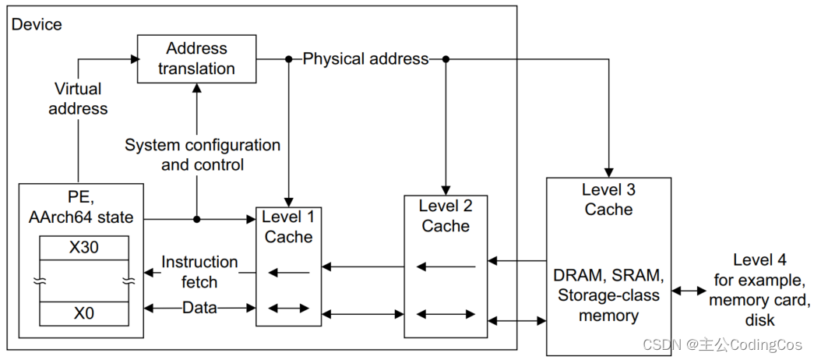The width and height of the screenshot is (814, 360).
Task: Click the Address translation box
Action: coord(196,58)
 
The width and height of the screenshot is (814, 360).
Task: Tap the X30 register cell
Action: coord(84,248)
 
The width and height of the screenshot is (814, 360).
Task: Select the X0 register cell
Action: coord(84,314)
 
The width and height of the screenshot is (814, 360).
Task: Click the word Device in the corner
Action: coord(37,24)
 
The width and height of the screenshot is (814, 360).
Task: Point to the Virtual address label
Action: coord(78,99)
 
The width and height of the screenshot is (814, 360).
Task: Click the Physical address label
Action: coord(366,59)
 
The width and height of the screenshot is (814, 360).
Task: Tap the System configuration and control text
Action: coord(203,155)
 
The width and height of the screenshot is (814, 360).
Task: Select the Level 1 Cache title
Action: coord(289,227)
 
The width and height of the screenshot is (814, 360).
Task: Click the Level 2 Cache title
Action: coord(446,216)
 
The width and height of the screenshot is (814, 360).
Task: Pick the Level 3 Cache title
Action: coord(608,199)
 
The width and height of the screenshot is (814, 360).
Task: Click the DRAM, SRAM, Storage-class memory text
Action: coord(608,296)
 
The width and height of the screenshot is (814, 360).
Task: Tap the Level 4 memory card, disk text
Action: coord(759,290)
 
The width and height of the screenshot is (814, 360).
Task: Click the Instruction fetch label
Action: coord(200,272)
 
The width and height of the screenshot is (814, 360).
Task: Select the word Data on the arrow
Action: coord(200,308)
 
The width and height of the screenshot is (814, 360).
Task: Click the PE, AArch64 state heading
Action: coord(81,206)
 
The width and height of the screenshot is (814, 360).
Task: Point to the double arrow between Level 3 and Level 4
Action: coord(689,291)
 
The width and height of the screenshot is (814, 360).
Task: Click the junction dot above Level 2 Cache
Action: coord(446,60)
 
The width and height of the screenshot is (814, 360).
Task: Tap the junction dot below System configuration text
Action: coord(197,219)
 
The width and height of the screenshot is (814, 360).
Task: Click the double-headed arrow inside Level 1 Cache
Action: coord(289,309)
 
